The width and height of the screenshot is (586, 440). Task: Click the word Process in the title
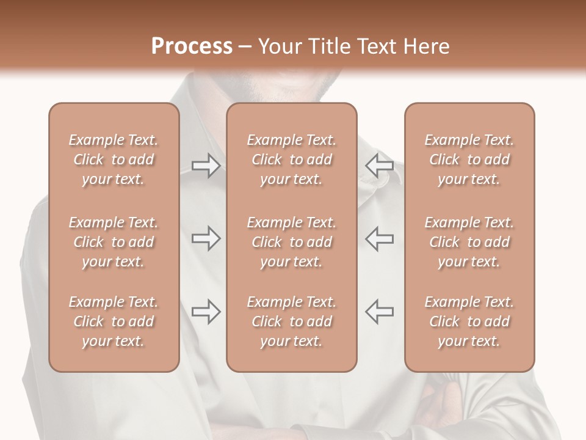pyautogui.click(x=192, y=46)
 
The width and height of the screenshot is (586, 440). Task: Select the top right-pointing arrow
pyautogui.click(x=206, y=165)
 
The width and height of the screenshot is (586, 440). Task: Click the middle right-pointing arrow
pyautogui.click(x=206, y=238)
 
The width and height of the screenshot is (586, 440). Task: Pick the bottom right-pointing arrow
pyautogui.click(x=206, y=312)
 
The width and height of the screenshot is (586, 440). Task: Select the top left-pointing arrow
pyautogui.click(x=379, y=165)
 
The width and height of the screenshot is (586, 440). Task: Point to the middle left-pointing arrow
pyautogui.click(x=379, y=238)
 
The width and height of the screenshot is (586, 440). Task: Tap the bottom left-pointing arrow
pyautogui.click(x=379, y=312)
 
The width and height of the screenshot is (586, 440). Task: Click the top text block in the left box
pyautogui.click(x=114, y=159)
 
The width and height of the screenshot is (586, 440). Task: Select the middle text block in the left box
pyautogui.click(x=114, y=242)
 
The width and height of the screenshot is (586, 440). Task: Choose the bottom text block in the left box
pyautogui.click(x=114, y=321)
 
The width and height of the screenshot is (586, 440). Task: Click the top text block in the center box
pyautogui.click(x=291, y=159)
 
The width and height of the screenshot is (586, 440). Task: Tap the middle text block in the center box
pyautogui.click(x=291, y=242)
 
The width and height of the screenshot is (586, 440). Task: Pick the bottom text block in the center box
pyautogui.click(x=291, y=321)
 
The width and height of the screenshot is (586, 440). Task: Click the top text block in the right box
pyautogui.click(x=469, y=159)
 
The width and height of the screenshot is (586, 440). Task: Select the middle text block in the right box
pyautogui.click(x=469, y=242)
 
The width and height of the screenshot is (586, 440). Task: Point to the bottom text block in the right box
pyautogui.click(x=469, y=321)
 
